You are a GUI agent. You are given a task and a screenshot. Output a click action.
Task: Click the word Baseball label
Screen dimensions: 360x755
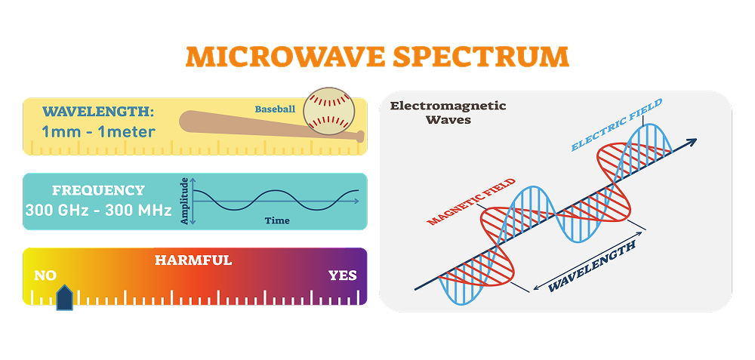pos(275,109)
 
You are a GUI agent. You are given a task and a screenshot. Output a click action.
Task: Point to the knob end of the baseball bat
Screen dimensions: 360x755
pos(360,137)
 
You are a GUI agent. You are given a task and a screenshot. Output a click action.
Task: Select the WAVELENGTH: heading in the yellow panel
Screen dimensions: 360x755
pos(98,112)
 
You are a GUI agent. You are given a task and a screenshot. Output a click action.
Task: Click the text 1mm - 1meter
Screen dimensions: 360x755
pos(98,132)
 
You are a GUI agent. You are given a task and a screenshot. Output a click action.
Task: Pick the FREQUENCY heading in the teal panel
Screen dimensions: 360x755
pos(97,190)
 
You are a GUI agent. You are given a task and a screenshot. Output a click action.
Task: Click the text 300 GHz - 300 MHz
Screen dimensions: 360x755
pos(97,210)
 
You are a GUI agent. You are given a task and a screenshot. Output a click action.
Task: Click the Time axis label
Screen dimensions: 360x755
pos(277,221)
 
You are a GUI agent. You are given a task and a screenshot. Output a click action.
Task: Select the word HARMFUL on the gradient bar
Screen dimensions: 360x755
pos(193,260)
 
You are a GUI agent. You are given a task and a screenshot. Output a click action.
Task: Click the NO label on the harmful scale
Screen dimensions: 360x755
pos(45,275)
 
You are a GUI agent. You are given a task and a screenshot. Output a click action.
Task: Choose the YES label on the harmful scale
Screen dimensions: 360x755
pos(342,275)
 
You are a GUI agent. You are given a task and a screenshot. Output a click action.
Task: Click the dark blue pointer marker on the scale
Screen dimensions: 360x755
pos(65,298)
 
